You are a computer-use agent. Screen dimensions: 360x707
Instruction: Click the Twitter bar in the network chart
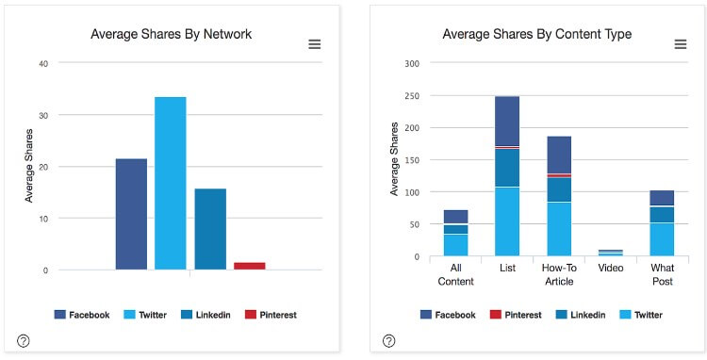(x=171, y=183)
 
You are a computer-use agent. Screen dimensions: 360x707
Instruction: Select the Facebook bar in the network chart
(x=131, y=214)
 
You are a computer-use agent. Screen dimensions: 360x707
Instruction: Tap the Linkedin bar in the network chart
(x=210, y=229)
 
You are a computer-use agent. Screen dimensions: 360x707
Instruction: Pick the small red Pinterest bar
(x=250, y=266)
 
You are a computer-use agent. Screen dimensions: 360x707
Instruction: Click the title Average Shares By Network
(x=171, y=35)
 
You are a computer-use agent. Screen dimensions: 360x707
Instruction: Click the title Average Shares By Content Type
(x=536, y=35)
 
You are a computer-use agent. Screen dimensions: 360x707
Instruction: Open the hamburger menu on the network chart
(x=315, y=44)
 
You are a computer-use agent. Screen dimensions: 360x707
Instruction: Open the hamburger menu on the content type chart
(x=680, y=44)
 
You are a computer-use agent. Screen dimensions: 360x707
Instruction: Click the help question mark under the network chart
(x=24, y=340)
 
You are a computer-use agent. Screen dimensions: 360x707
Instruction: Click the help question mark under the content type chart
(x=389, y=340)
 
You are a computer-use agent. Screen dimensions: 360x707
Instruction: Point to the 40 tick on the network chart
(x=42, y=63)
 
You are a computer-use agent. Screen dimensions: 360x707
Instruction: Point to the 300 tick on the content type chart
(x=411, y=63)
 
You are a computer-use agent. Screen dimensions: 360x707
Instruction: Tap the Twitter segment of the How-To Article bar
(x=559, y=229)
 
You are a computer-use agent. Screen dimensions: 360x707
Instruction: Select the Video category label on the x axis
(x=611, y=269)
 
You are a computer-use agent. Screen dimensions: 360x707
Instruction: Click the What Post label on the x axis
(x=663, y=274)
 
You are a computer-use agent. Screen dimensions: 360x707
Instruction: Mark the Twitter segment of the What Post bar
(x=663, y=239)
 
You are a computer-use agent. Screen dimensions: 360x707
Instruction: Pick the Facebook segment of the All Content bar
(x=456, y=216)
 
